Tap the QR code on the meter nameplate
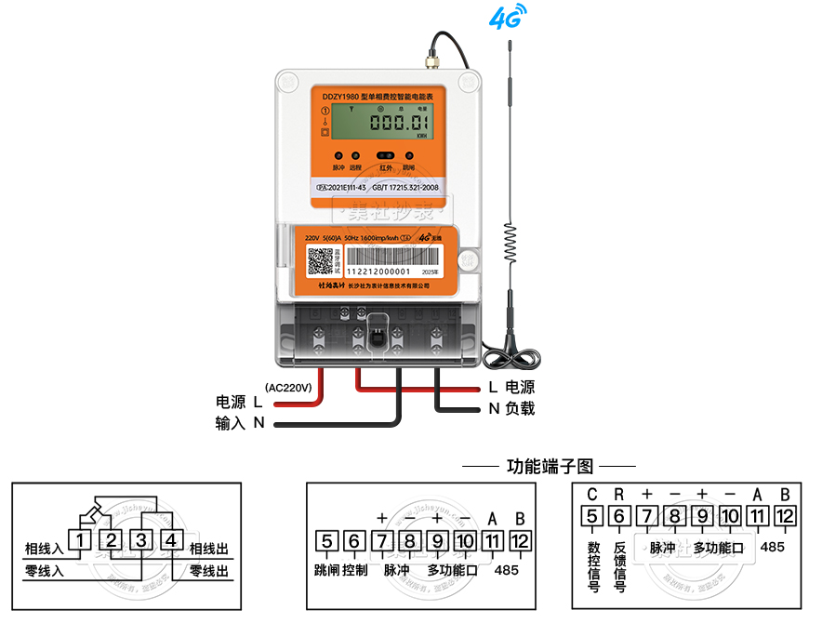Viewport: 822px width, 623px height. [x=322, y=261]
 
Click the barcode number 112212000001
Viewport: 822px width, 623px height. [x=384, y=272]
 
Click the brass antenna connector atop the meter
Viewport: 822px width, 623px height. [x=432, y=61]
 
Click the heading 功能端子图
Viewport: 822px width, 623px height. [x=549, y=465]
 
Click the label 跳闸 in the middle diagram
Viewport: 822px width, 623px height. [x=327, y=569]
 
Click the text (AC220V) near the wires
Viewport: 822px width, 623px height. [x=287, y=386]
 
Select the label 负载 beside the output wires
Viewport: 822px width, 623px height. [x=520, y=408]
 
